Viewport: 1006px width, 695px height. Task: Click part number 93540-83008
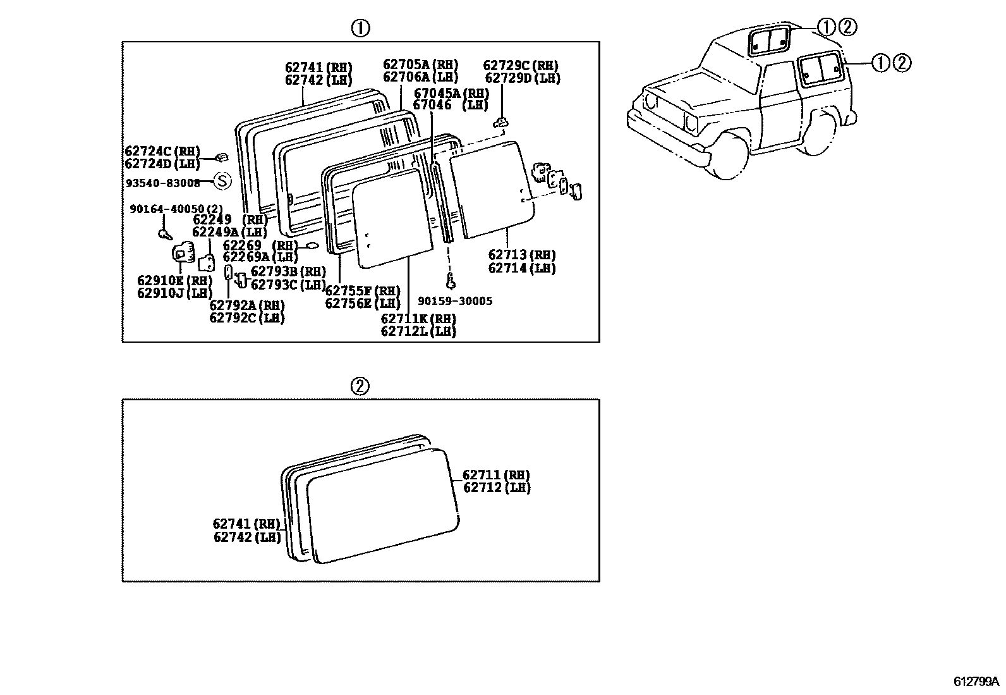(x=162, y=183)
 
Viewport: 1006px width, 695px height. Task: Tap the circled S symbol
(x=222, y=181)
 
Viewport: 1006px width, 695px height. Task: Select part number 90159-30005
(x=455, y=302)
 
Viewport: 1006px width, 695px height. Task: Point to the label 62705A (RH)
(x=420, y=64)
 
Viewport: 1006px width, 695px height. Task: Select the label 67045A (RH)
(x=451, y=92)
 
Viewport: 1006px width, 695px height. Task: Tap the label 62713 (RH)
(x=522, y=255)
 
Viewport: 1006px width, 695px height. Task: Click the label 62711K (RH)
(x=418, y=318)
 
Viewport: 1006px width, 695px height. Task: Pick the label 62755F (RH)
(x=363, y=291)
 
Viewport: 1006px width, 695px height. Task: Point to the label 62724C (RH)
(x=162, y=151)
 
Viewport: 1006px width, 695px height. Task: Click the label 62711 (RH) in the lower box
(x=496, y=475)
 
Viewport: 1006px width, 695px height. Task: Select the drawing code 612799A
(x=976, y=682)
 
